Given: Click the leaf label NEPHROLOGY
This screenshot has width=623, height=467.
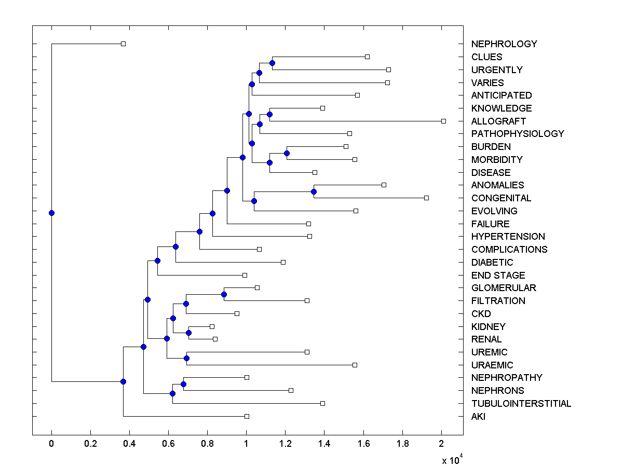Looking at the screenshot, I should [x=504, y=44].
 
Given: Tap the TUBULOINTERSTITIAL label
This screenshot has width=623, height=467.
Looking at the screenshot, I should [x=521, y=404].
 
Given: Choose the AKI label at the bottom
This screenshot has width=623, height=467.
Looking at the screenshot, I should [x=478, y=417].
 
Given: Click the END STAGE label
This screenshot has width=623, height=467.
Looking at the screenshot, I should [x=498, y=275].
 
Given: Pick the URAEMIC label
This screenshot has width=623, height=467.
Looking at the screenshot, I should [x=492, y=365].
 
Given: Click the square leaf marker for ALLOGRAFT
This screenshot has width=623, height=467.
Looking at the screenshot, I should [x=443, y=121].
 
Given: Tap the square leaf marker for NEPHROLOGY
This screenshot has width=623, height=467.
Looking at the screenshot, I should [x=123, y=44].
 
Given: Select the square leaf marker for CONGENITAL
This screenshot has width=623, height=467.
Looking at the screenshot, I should [x=426, y=198].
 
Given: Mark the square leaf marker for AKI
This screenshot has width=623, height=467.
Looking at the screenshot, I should [x=247, y=416].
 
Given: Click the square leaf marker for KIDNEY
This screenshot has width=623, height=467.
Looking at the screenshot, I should [x=212, y=326].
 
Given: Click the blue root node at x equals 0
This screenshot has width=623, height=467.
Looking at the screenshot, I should [x=51, y=213].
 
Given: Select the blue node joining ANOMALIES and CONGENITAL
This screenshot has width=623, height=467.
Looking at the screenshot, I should [x=314, y=191].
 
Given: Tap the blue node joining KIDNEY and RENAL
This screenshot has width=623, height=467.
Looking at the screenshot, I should [x=189, y=333].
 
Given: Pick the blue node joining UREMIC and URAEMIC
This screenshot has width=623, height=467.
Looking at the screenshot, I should [x=186, y=358].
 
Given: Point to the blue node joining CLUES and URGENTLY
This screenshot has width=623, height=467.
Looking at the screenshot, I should [x=272, y=63].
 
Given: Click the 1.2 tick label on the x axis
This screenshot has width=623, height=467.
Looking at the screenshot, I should [x=286, y=444].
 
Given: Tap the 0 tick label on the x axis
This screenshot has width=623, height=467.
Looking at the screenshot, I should [x=51, y=444].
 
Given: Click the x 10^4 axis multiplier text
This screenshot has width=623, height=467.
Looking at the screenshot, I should [x=452, y=460].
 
